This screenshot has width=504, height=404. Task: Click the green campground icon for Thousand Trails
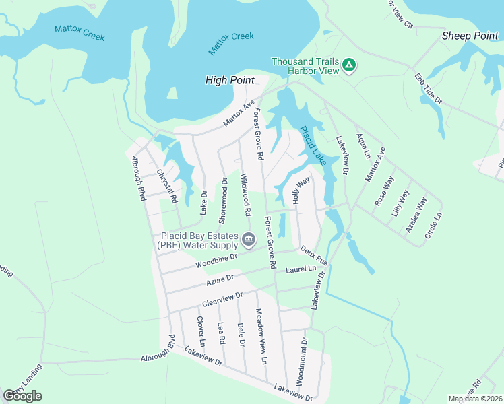tap(348, 65)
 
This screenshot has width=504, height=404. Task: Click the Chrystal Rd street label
tap(166, 186)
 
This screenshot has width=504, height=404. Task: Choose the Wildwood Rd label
tap(245, 195)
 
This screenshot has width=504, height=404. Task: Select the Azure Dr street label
tap(220, 277)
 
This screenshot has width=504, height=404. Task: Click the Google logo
tap(23, 395)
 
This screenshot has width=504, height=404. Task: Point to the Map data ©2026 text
tap(475, 399)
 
